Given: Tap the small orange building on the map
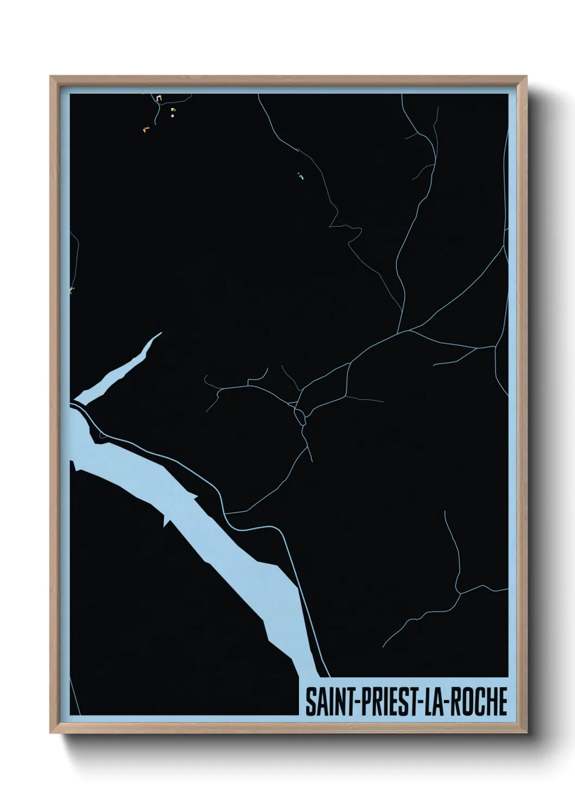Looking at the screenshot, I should coord(145,129).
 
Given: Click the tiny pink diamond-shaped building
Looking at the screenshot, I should coord(173,115).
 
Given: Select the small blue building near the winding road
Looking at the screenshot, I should coord(299,176).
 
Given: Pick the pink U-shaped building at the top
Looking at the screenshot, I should coord(158,98).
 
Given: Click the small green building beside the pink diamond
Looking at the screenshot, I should coord(173,109).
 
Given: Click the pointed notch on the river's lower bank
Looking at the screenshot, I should coord(164,522).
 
